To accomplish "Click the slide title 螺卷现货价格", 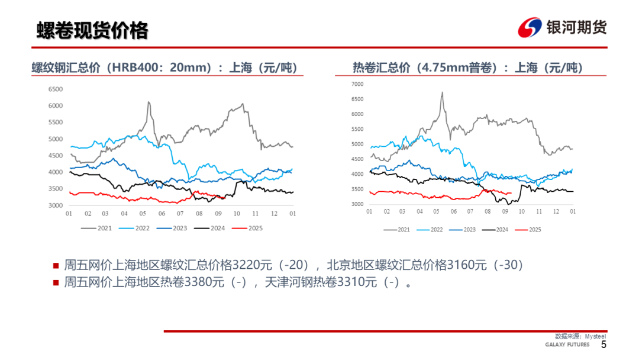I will [x=92, y=30].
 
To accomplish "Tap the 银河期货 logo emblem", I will [x=530, y=28].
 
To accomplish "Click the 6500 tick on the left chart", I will [x=55, y=89].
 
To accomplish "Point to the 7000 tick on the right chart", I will [x=357, y=84].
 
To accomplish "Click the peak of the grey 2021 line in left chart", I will [x=148, y=102].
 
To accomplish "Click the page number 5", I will [x=603, y=345].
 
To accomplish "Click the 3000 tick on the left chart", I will [x=55, y=205].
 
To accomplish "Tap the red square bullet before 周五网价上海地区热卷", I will [x=56, y=283].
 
